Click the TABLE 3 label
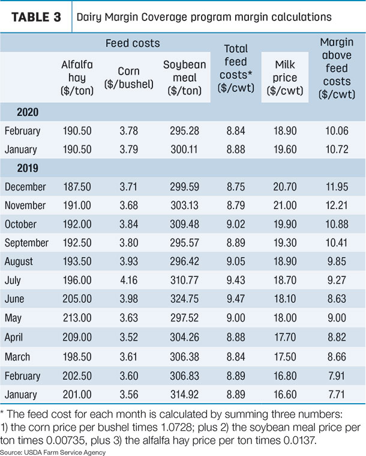pos(37,17)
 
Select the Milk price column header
pos(285,78)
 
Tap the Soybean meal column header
pos(184,78)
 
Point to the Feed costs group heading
pos(133,43)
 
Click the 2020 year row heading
pos(28,112)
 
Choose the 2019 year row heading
pos(28,168)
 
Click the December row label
pos(25,187)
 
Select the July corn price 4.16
pos(128,280)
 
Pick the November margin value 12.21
pos(337,205)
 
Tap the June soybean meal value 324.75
pos(184,299)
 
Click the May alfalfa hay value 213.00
pos(77,318)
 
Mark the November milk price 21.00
pos(284,205)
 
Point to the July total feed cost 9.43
pos(236,280)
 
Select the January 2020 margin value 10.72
pos(337,150)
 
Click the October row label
pos(20,224)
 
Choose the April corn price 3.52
pos(128,337)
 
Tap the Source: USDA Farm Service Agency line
pos(53,452)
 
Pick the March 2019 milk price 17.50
pos(285,356)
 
